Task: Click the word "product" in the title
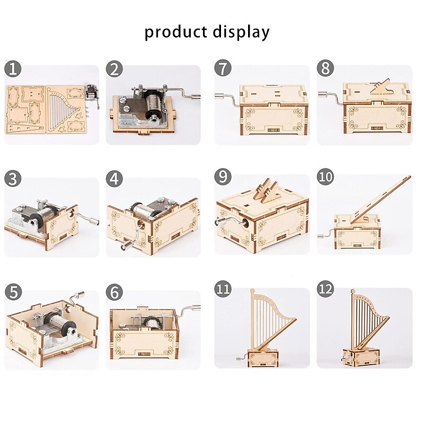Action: (x=175, y=32)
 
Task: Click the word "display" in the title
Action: (x=241, y=32)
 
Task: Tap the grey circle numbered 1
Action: (x=13, y=69)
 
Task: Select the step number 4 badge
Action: (x=114, y=179)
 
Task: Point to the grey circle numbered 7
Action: (x=223, y=68)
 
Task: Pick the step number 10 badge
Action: (x=325, y=176)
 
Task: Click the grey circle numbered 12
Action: (x=325, y=288)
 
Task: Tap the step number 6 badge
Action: (x=114, y=293)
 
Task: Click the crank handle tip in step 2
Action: (x=196, y=96)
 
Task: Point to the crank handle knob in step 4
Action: (x=125, y=246)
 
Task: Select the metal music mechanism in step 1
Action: (x=92, y=93)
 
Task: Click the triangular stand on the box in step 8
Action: (x=380, y=86)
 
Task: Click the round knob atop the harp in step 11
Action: (x=252, y=291)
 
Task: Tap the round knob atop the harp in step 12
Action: (x=353, y=291)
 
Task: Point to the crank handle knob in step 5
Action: (x=80, y=294)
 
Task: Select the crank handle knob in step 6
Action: (x=196, y=307)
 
